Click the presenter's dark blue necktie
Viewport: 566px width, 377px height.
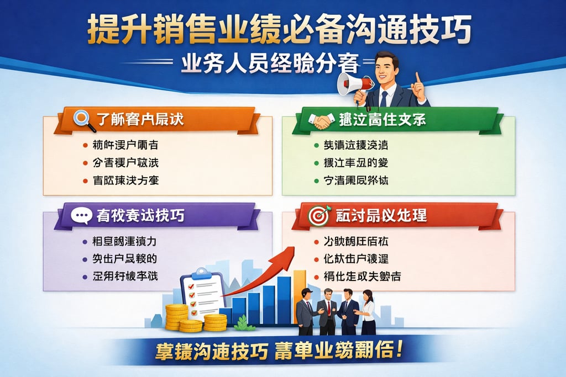[x=384, y=98]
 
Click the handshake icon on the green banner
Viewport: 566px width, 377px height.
[x=322, y=120]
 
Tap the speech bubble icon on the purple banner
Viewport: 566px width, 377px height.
[x=81, y=215]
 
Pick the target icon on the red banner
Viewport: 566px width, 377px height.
[x=319, y=215]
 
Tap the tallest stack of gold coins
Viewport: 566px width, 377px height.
[x=176, y=317]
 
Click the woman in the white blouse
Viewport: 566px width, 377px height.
[x=368, y=312]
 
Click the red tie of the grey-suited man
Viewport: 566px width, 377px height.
[x=328, y=306]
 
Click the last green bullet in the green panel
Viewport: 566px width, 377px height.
[x=316, y=180]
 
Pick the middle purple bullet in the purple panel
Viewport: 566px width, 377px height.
[x=83, y=259]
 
